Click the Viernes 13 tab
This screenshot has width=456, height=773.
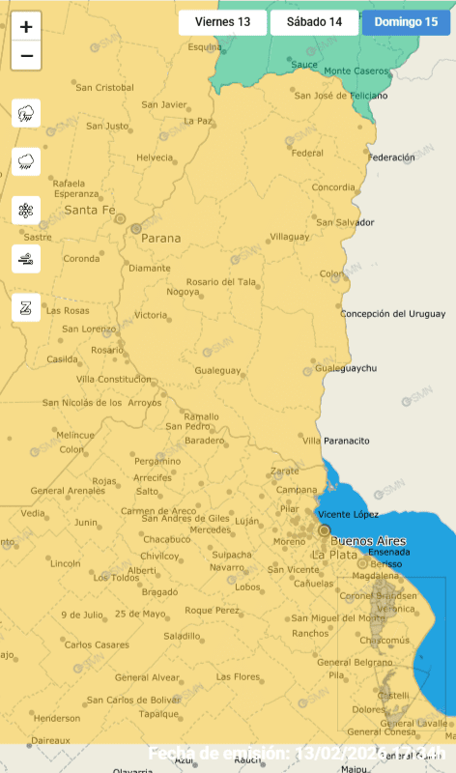(x=222, y=22)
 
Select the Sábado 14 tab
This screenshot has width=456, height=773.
(x=314, y=22)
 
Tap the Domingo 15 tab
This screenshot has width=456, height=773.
(x=406, y=22)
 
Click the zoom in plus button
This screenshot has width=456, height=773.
(x=26, y=27)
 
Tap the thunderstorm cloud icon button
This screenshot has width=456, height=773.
(x=26, y=113)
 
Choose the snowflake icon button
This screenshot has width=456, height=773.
(x=26, y=210)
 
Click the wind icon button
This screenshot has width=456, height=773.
(x=26, y=258)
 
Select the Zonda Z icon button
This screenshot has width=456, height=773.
(x=26, y=307)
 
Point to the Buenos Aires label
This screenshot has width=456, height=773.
(x=368, y=541)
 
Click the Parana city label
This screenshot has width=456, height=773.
(x=160, y=237)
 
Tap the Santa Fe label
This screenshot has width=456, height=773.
(x=89, y=210)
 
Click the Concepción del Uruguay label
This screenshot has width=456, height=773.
(x=392, y=314)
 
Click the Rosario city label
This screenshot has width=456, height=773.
(x=106, y=350)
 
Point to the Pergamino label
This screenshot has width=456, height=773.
(x=157, y=461)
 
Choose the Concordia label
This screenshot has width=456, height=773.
(x=333, y=187)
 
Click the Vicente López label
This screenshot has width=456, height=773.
(x=348, y=515)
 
